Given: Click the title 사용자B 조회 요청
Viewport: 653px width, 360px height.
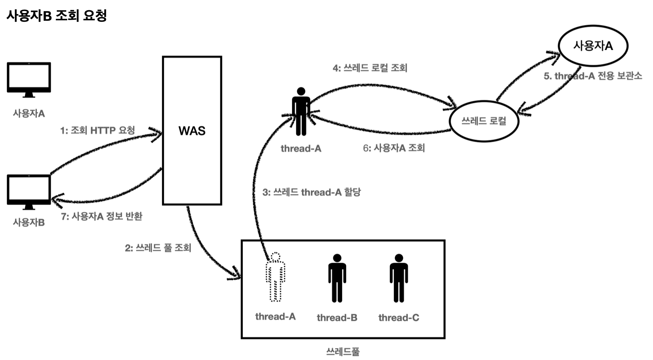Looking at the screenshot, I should click(x=57, y=16).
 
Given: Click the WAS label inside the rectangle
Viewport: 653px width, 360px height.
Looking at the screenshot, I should click(x=192, y=131).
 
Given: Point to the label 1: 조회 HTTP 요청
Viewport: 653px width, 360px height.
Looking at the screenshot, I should click(x=98, y=130).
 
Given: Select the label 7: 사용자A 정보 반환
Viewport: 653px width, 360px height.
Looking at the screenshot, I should click(x=101, y=216).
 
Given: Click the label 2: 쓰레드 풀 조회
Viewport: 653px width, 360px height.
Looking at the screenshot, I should click(x=158, y=248).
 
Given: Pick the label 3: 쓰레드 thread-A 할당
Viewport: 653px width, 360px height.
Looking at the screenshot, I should click(x=312, y=193).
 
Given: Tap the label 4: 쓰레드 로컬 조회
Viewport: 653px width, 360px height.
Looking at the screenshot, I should click(x=370, y=68).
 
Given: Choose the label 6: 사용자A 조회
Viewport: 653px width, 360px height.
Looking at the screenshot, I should click(x=394, y=148).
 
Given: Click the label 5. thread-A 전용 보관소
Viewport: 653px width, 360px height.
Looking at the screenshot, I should click(x=593, y=76).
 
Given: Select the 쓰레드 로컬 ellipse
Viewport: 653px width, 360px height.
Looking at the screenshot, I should click(x=484, y=121).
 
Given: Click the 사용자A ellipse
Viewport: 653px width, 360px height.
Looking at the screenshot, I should click(x=593, y=46).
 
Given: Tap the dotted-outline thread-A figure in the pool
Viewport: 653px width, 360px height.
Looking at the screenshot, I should click(x=275, y=277).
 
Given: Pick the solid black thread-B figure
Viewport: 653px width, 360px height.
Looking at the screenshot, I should click(x=337, y=278).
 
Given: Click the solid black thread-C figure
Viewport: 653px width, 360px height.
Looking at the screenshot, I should click(x=399, y=278).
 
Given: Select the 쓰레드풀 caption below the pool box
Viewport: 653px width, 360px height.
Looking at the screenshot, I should click(x=343, y=351).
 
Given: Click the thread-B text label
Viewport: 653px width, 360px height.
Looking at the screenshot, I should click(x=337, y=318).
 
